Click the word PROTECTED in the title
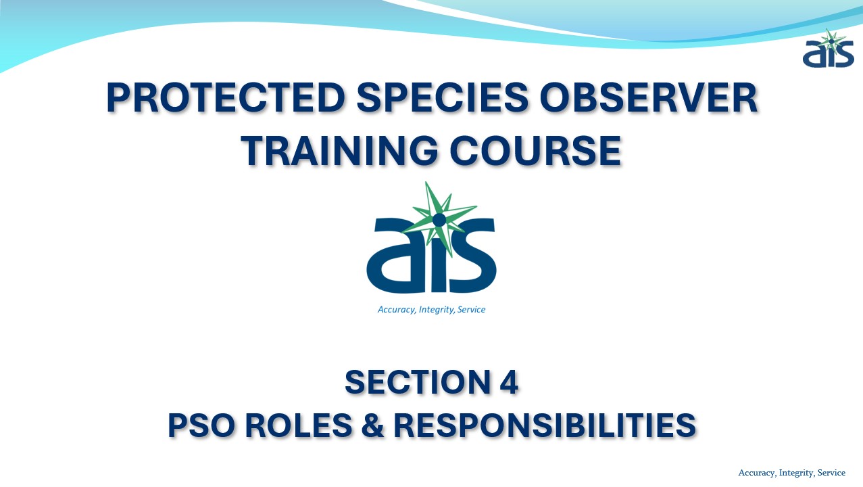click(x=226, y=97)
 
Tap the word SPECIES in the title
click(x=442, y=97)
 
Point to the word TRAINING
click(x=339, y=150)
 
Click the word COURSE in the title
click(x=535, y=150)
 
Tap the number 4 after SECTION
click(x=509, y=382)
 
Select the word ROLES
click(x=298, y=425)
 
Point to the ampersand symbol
click(x=372, y=425)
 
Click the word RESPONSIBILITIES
click(x=545, y=425)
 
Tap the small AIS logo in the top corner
click(x=828, y=48)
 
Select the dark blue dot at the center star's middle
click(x=439, y=220)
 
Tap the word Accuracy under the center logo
click(x=397, y=310)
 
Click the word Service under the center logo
click(x=471, y=309)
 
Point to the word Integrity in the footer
click(x=797, y=473)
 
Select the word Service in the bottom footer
click(x=831, y=472)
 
